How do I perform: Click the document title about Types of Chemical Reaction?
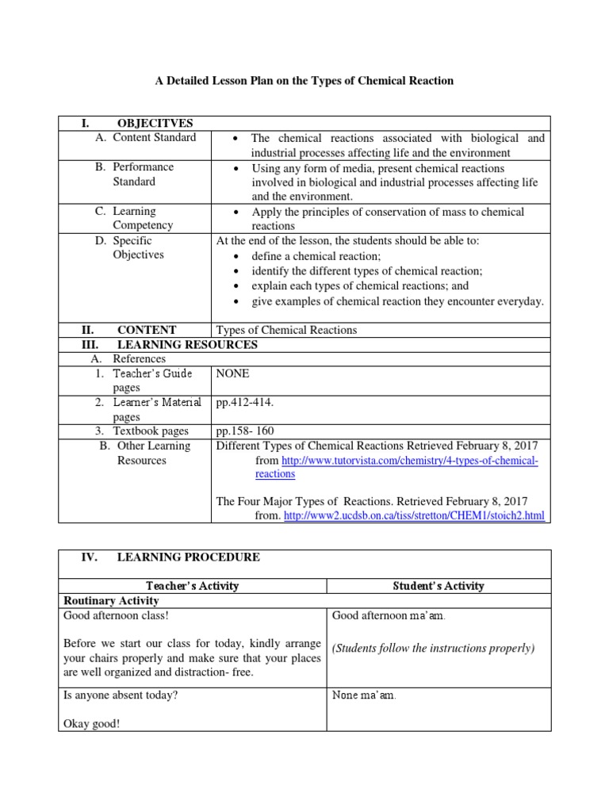304,81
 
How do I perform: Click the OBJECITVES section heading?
155,123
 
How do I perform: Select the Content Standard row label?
154,138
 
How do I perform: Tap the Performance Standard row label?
143,174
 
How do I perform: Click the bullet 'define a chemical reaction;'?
316,256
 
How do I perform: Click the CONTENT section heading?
147,330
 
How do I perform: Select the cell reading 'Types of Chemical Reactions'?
286,330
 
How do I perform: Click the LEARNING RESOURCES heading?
187,344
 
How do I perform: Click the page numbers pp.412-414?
243,403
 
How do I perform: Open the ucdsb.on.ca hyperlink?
414,516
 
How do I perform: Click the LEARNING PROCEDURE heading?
188,557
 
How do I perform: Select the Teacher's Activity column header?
193,586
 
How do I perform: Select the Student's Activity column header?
439,586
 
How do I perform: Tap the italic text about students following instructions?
433,649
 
